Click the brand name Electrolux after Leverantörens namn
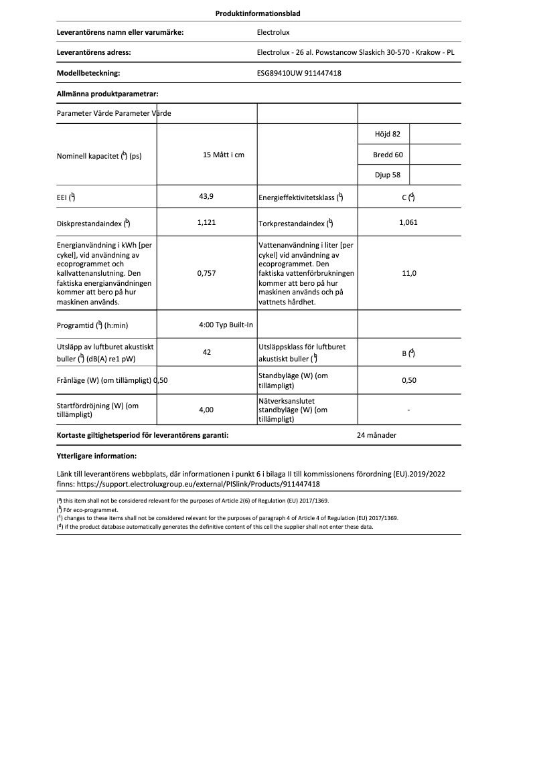pyautogui.click(x=273, y=31)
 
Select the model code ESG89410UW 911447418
pyautogui.click(x=299, y=74)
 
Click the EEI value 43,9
pyautogui.click(x=207, y=196)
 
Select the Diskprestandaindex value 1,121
pyautogui.click(x=207, y=222)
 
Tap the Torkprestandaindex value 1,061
pyautogui.click(x=408, y=222)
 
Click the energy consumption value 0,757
pyautogui.click(x=207, y=273)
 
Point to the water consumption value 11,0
pyautogui.click(x=408, y=273)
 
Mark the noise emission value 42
pyautogui.click(x=207, y=351)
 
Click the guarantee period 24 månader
pyautogui.click(x=377, y=435)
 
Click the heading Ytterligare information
pyautogui.click(x=96, y=456)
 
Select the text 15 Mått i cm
pyautogui.click(x=223, y=155)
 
